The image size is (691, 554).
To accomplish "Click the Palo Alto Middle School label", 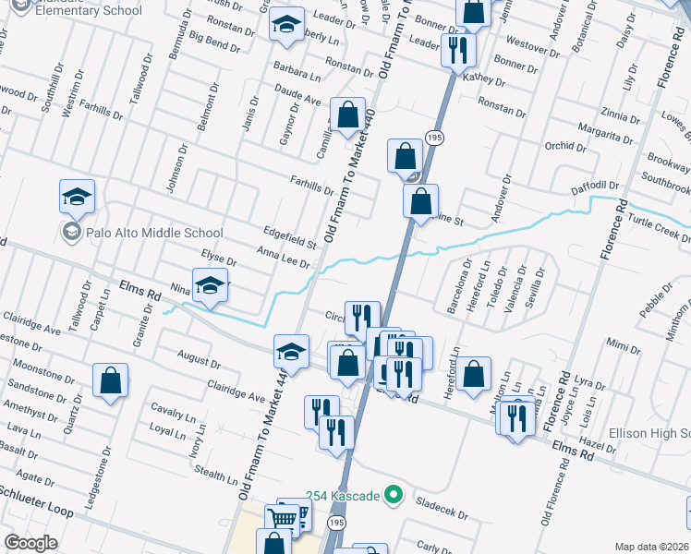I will (x=153, y=234).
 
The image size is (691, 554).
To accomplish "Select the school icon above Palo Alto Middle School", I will (x=77, y=197).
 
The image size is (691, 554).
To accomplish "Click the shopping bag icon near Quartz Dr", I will (x=110, y=381).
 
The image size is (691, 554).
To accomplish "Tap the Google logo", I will (x=30, y=543).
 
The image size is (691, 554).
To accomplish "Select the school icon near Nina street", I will (x=210, y=285).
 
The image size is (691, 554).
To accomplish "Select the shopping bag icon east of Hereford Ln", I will (x=473, y=375).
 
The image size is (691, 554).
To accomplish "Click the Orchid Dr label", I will (x=560, y=146).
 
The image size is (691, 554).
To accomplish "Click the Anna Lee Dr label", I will (x=283, y=258).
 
